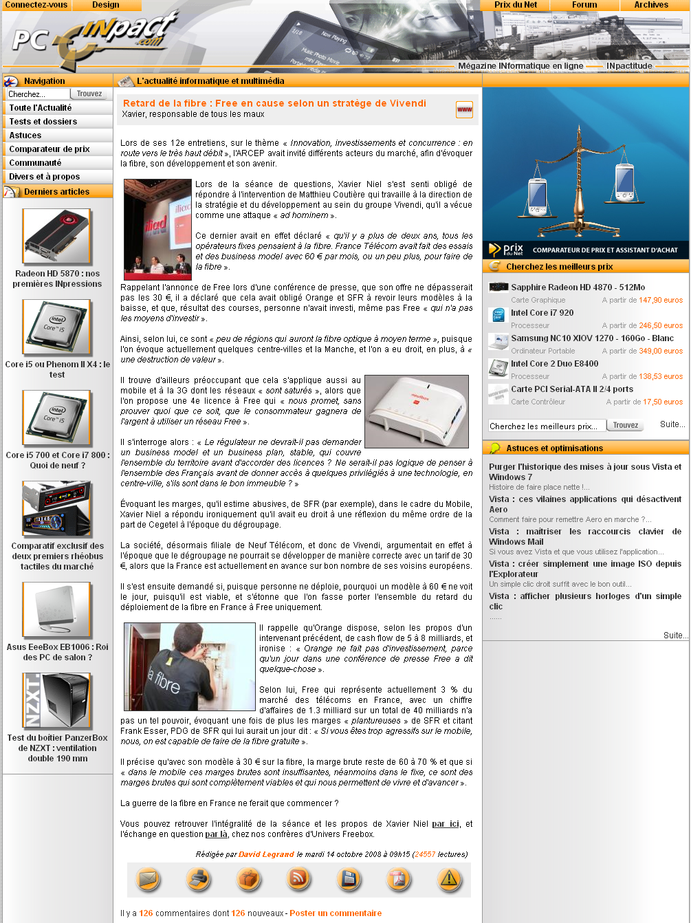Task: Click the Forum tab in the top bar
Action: pyautogui.click(x=584, y=5)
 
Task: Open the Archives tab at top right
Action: pyautogui.click(x=650, y=5)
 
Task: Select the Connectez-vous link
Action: pyautogui.click(x=36, y=5)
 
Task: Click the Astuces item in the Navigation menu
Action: pyautogui.click(x=25, y=135)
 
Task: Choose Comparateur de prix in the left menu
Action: pyautogui.click(x=50, y=149)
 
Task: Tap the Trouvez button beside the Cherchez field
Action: pyautogui.click(x=89, y=94)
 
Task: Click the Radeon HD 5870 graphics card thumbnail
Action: pyautogui.click(x=56, y=236)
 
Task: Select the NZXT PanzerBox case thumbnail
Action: pyautogui.click(x=56, y=701)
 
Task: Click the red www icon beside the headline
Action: pyautogui.click(x=464, y=109)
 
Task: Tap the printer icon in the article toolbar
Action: pyautogui.click(x=199, y=879)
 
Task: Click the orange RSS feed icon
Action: pyautogui.click(x=299, y=879)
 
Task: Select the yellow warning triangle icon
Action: pyautogui.click(x=449, y=879)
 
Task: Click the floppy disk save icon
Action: pyautogui.click(x=349, y=879)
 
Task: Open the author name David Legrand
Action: pyautogui.click(x=266, y=854)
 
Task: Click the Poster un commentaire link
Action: pyautogui.click(x=336, y=913)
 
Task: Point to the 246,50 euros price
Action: pyautogui.click(x=660, y=325)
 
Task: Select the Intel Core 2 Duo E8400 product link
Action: pyautogui.click(x=554, y=364)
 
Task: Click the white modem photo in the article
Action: pyautogui.click(x=417, y=411)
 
